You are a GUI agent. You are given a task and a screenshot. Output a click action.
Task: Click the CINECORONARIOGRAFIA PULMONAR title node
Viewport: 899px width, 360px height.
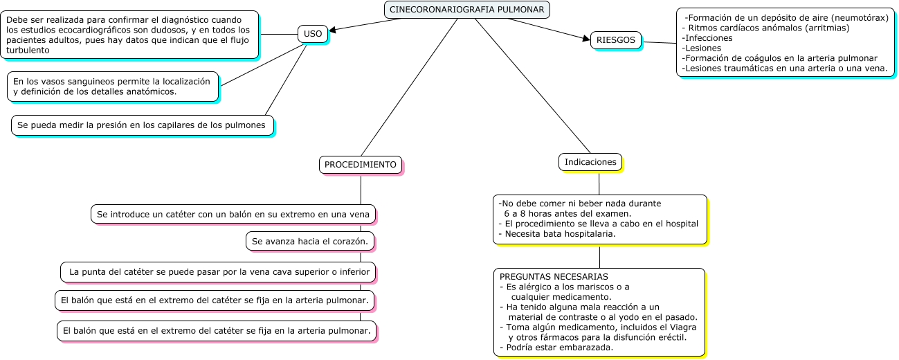click(x=467, y=10)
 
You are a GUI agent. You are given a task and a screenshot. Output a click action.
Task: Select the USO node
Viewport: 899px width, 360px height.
click(x=313, y=33)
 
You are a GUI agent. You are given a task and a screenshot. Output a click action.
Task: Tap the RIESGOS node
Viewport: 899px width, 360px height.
click(x=615, y=40)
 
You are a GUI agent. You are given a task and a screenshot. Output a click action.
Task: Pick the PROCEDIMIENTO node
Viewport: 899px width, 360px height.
click(x=360, y=165)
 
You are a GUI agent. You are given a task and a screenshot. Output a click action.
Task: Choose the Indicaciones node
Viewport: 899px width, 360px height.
click(x=590, y=162)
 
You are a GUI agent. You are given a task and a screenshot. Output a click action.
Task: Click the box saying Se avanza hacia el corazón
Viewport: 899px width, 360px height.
click(x=311, y=241)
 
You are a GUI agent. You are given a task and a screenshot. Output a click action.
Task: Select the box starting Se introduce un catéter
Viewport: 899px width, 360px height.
click(x=233, y=214)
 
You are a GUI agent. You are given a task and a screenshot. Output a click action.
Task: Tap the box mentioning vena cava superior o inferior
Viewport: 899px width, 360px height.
click(x=219, y=272)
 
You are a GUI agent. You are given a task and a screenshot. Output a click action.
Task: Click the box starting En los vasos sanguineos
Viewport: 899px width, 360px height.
click(x=112, y=87)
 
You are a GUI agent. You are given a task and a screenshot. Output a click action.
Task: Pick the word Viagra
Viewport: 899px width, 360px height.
click(x=682, y=327)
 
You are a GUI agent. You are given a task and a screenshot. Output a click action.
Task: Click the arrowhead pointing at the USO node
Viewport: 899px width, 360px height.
click(x=333, y=30)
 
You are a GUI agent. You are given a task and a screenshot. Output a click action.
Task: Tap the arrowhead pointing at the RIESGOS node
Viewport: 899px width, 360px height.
click(x=585, y=39)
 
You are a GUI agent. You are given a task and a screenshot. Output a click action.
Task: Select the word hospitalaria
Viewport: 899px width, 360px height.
click(x=588, y=234)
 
